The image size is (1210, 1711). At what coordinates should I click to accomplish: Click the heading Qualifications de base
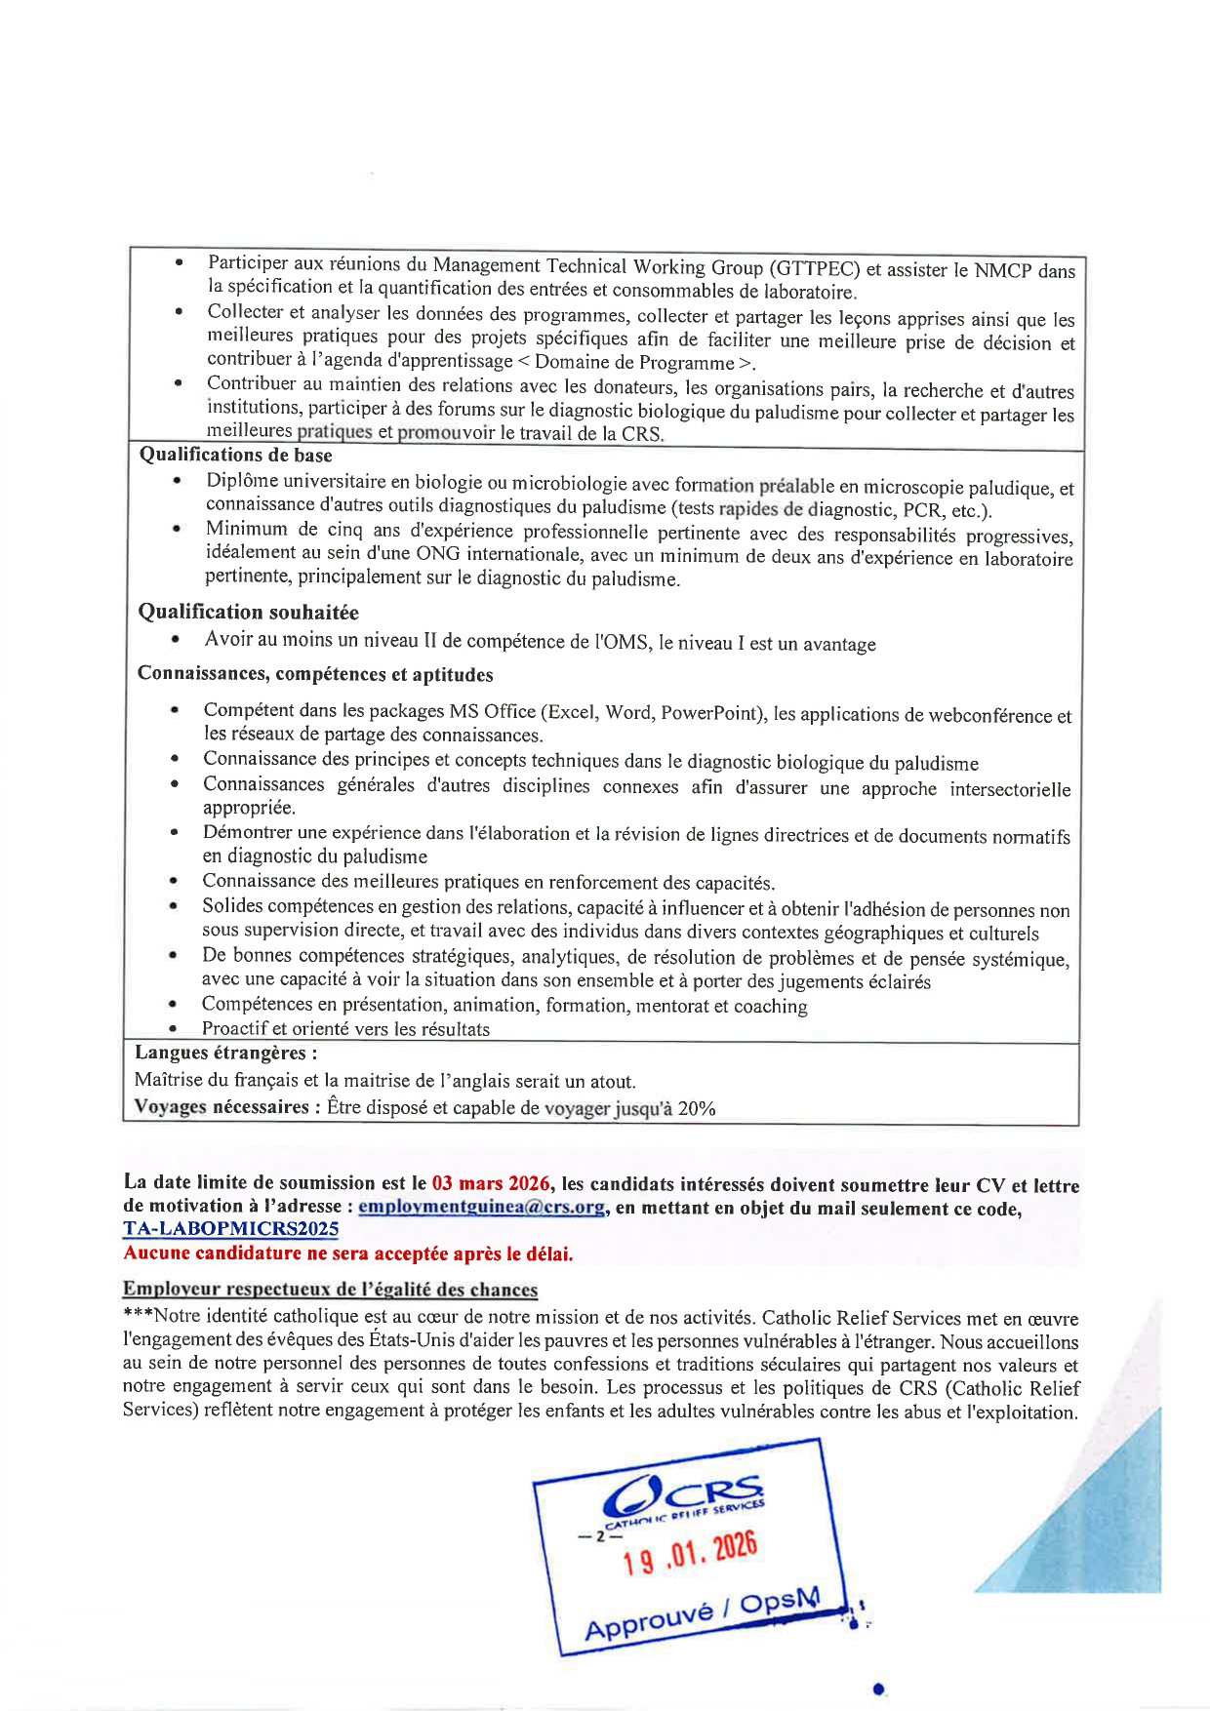(x=235, y=455)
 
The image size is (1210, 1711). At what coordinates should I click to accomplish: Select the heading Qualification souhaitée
(x=248, y=612)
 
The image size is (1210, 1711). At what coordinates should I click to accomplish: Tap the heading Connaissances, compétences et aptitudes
(x=315, y=674)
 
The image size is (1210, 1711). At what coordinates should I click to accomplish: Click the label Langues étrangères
(x=225, y=1053)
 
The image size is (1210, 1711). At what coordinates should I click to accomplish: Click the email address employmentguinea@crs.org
(x=481, y=1207)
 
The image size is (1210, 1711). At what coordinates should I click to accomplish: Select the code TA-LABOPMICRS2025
(x=231, y=1229)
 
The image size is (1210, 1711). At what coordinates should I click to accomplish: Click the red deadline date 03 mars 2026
(x=492, y=1183)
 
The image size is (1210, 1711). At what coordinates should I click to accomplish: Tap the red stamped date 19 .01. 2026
(x=690, y=1554)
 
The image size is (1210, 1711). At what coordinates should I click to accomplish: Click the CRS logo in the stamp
(x=683, y=1496)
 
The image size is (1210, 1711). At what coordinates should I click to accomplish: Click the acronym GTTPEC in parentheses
(x=816, y=268)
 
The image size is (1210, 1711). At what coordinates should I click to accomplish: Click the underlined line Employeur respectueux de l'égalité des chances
(x=330, y=1290)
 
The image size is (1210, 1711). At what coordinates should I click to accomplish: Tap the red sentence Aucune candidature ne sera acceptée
(x=348, y=1253)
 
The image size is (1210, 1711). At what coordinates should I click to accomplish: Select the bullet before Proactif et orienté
(x=172, y=1028)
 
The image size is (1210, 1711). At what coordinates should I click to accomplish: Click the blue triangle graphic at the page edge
(x=1093, y=1522)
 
